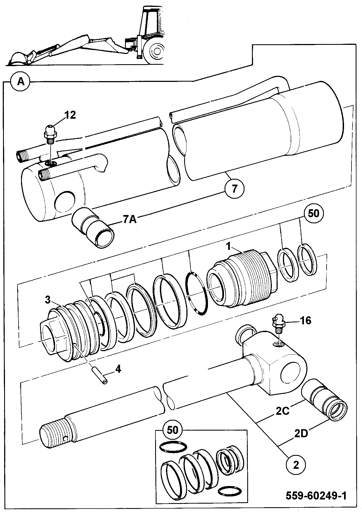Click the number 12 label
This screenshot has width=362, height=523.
coord(70,115)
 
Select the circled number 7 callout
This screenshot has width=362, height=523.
coord(234,189)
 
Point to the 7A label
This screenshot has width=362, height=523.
coord(130,220)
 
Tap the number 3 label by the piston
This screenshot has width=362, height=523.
coord(48,299)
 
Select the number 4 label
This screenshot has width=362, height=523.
coord(118,369)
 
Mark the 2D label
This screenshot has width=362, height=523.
coord(301,433)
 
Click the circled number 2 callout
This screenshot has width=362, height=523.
coord(296,465)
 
